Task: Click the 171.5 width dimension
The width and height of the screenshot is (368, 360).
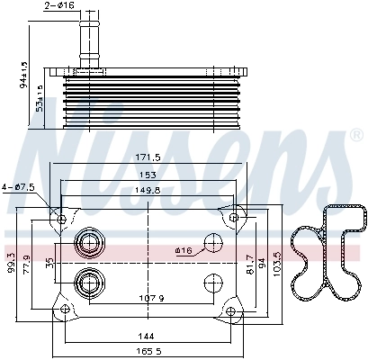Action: (148, 157)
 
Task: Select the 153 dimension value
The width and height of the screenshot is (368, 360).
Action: (148, 175)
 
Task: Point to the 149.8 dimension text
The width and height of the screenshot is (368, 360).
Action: (148, 190)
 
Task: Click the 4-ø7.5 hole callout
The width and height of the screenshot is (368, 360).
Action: (18, 186)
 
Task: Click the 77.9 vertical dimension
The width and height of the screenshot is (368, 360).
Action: (26, 262)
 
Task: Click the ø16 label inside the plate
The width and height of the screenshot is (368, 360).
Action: (184, 251)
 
